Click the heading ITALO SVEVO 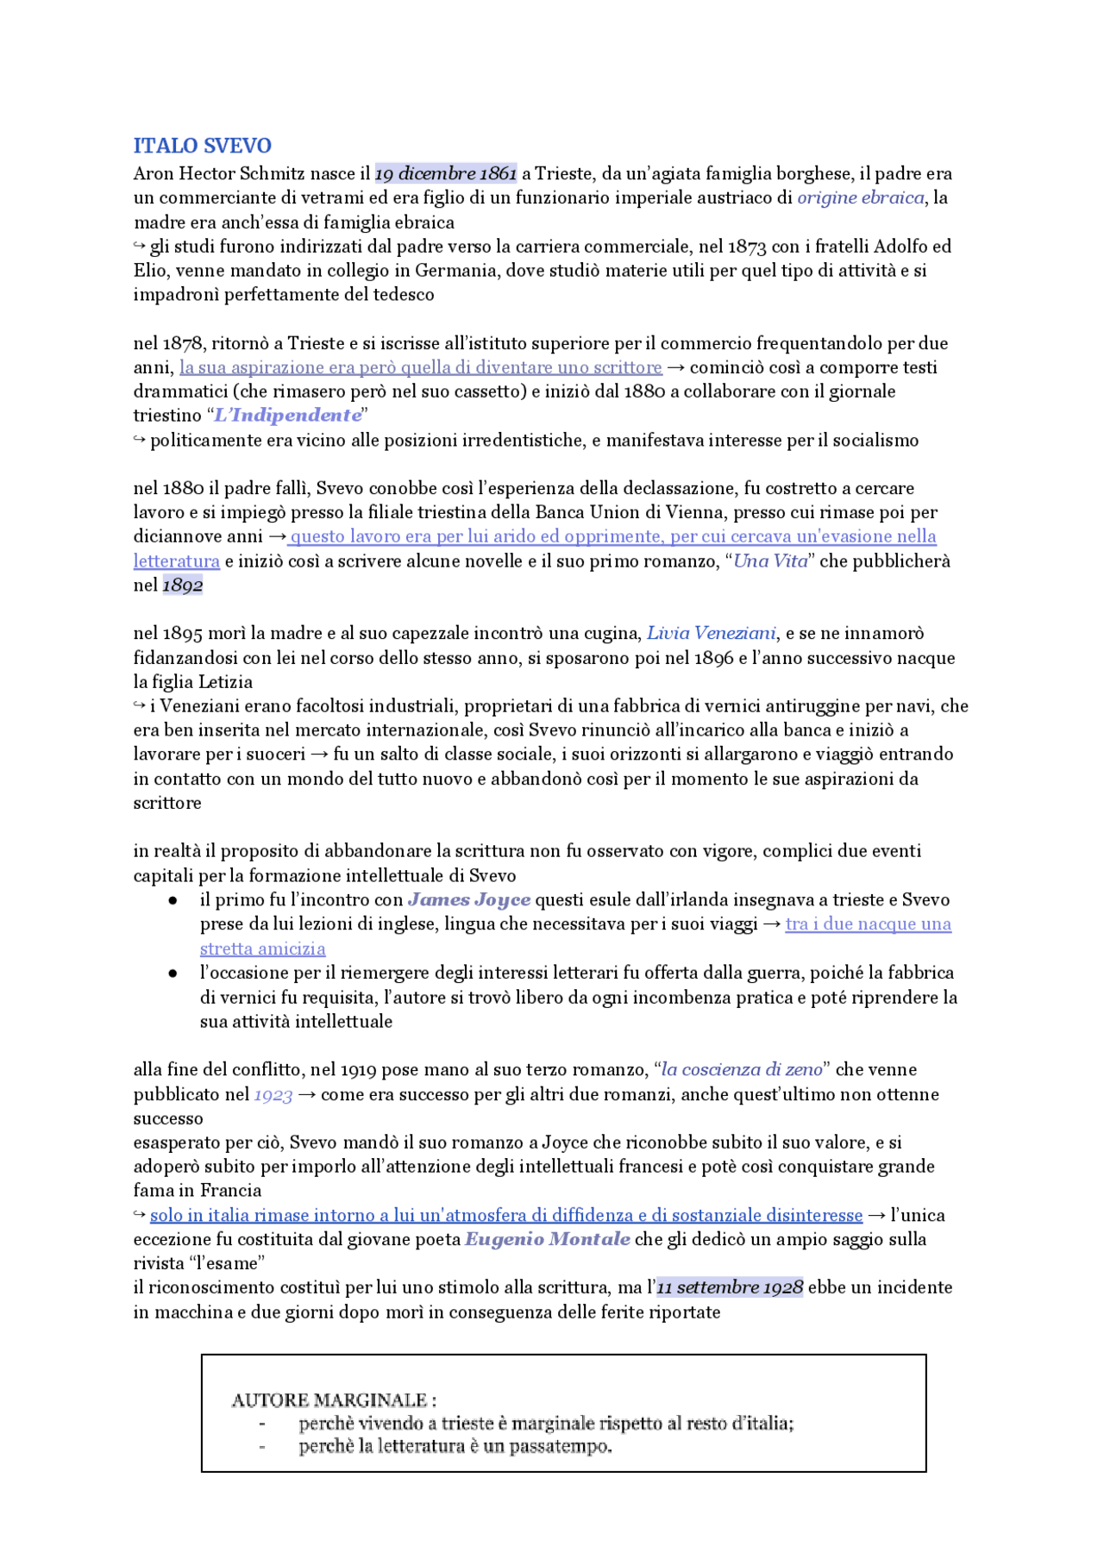[202, 146]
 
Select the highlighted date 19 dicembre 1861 [446, 173]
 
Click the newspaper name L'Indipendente [287, 415]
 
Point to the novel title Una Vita [770, 560]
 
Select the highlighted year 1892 [183, 585]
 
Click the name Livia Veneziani [712, 633]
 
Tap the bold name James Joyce [469, 899]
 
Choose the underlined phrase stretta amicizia [262, 949]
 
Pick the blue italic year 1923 [273, 1094]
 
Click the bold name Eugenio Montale [548, 1239]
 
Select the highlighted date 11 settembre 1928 [730, 1287]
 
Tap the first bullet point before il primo [173, 900]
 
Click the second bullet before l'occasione [173, 974]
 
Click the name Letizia [225, 682]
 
